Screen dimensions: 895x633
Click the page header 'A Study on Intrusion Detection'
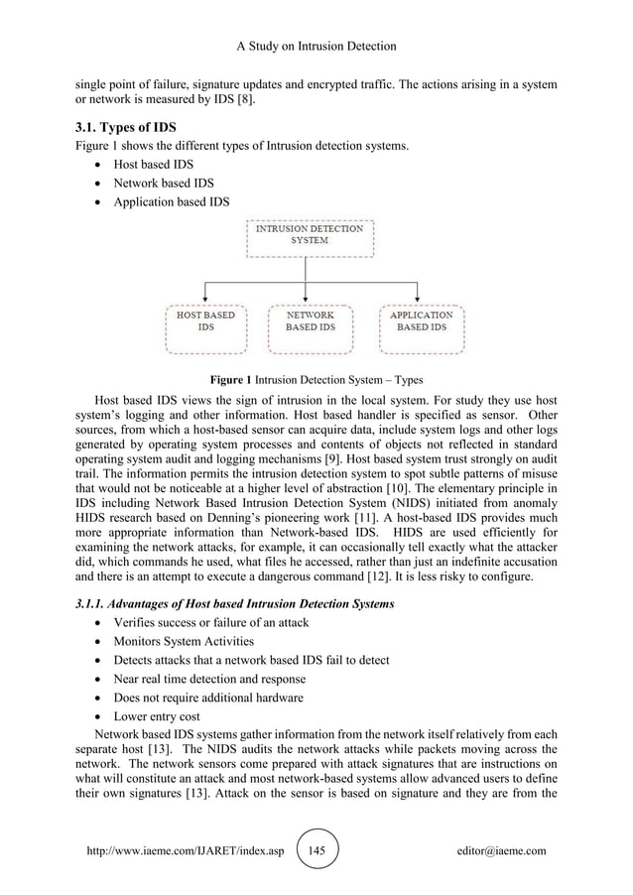[316, 46]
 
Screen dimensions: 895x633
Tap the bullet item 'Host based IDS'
[154, 165]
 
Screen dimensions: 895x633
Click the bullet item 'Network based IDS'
[163, 184]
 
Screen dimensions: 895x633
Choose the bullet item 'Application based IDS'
[172, 202]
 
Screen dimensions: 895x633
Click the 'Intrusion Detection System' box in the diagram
[310, 234]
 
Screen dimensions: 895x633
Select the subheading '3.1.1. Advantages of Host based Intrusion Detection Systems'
[235, 604]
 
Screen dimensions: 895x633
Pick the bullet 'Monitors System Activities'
[184, 641]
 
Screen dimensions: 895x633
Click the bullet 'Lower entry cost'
[156, 716]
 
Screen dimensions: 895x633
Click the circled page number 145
[317, 851]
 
